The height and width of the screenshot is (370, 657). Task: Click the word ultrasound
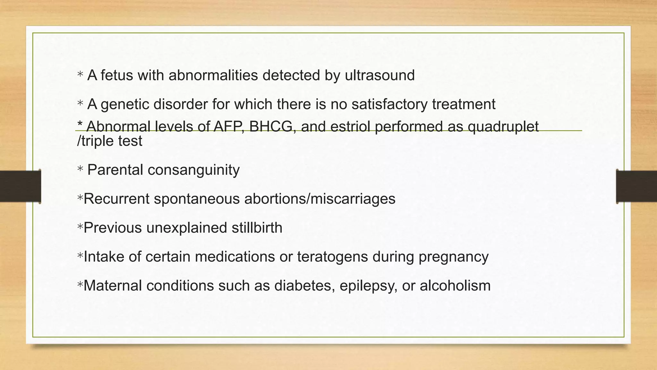click(380, 75)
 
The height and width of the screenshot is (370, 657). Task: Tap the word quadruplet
click(503, 127)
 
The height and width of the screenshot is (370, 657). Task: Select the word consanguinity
click(193, 170)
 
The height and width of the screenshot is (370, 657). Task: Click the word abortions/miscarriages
click(320, 199)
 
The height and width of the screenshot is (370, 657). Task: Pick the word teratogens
click(332, 257)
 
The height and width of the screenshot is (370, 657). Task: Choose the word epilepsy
click(368, 286)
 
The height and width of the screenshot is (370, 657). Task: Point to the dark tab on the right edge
click(636, 186)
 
